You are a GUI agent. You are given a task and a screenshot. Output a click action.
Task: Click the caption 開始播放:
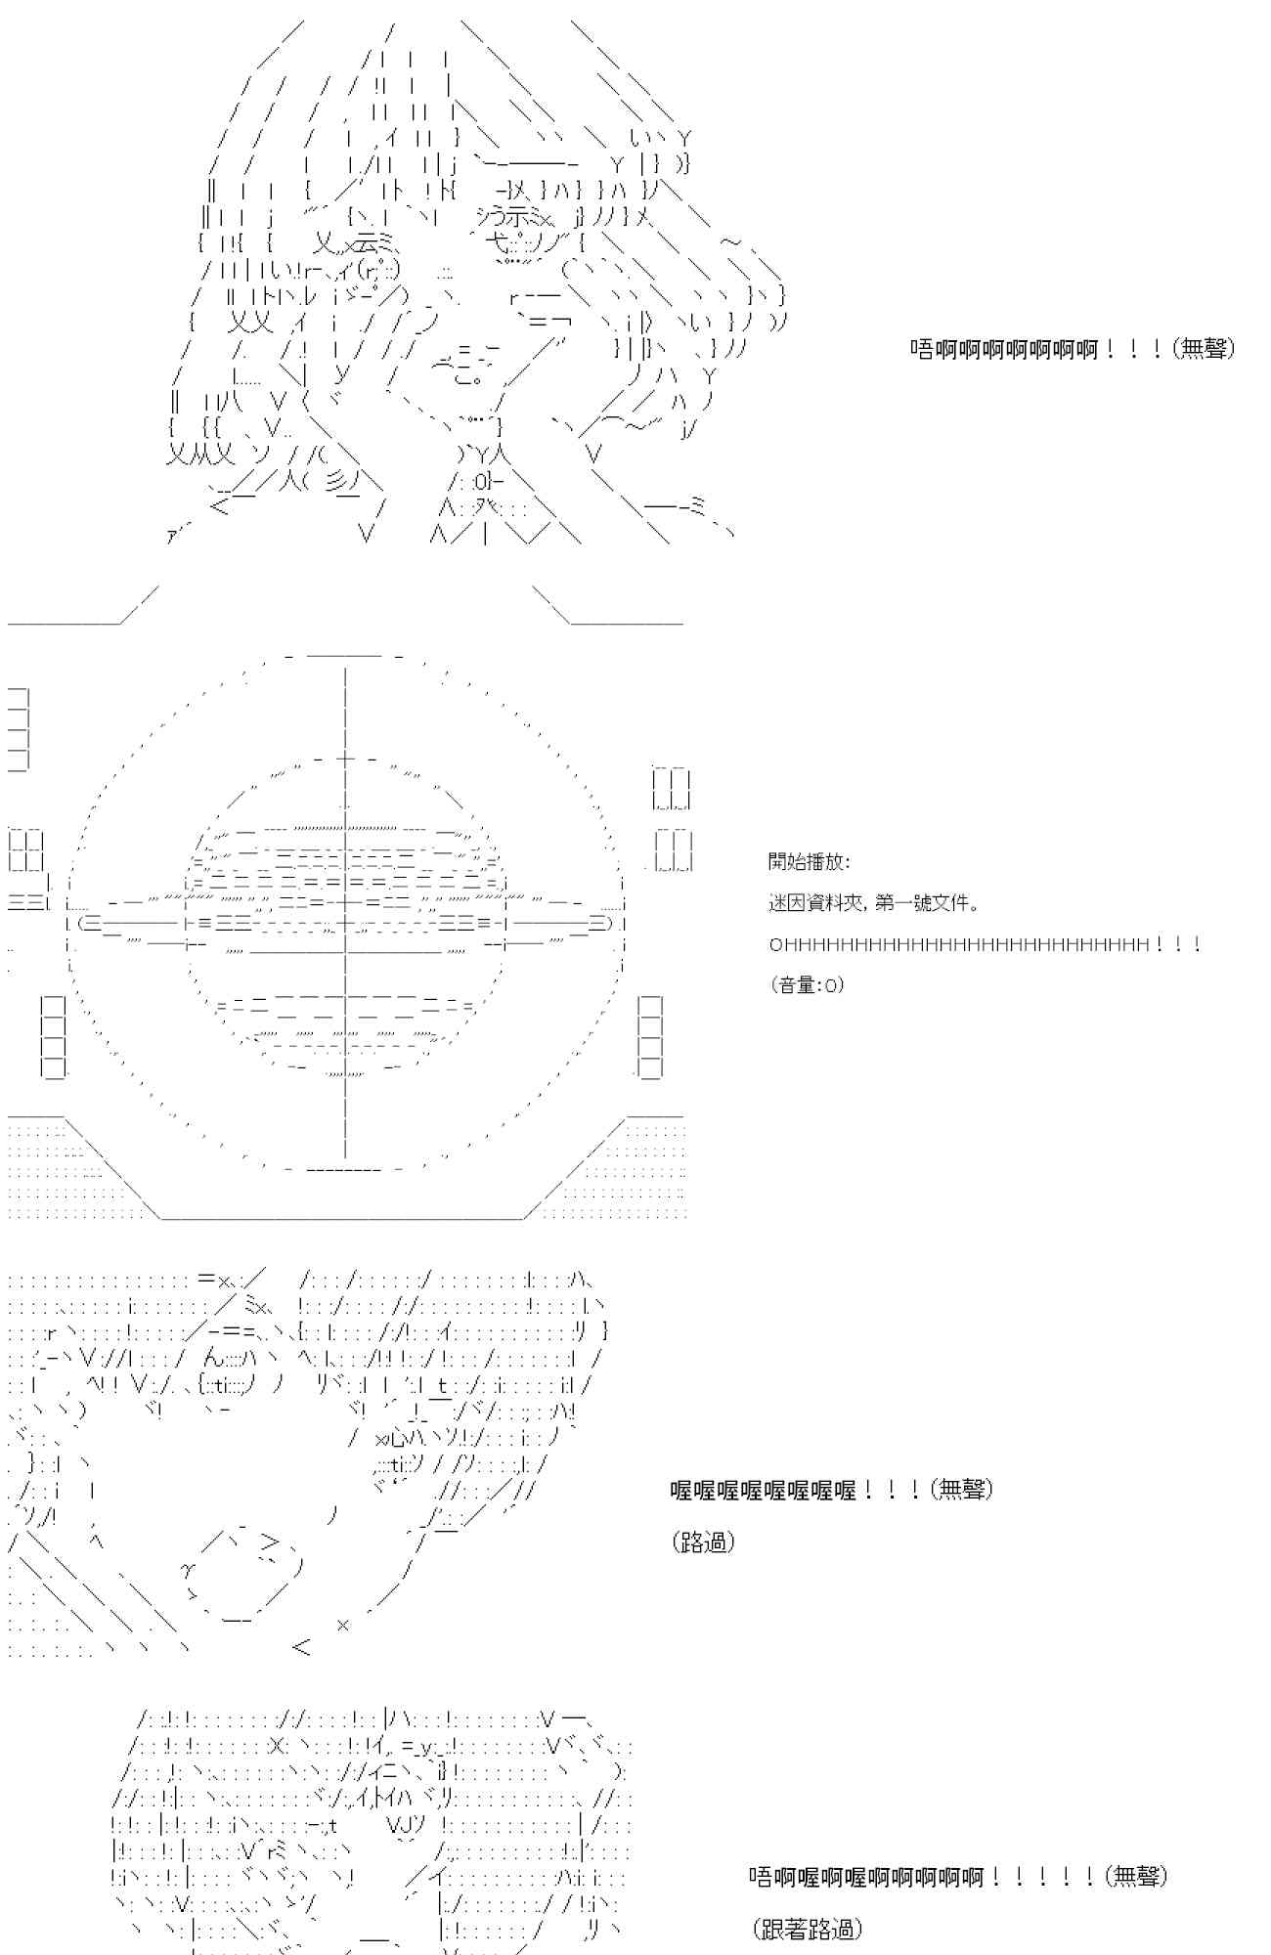(x=809, y=862)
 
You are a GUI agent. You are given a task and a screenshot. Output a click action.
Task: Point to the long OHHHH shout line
(x=958, y=945)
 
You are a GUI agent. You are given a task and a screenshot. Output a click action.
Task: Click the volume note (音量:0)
(x=807, y=985)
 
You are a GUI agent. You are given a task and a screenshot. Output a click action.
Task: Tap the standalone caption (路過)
(x=703, y=1542)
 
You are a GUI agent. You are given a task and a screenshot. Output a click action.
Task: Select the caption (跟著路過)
(x=808, y=1929)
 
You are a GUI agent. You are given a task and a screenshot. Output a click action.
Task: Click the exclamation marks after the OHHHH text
(x=1177, y=945)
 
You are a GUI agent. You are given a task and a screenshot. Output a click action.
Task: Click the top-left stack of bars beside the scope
(x=19, y=728)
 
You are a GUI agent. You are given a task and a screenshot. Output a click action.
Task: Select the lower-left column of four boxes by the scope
(x=54, y=1036)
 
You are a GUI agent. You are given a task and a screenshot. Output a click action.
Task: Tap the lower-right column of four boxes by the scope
(x=649, y=1036)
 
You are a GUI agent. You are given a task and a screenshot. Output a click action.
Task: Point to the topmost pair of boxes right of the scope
(x=672, y=789)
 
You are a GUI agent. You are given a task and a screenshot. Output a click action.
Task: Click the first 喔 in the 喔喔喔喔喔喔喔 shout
(x=681, y=1490)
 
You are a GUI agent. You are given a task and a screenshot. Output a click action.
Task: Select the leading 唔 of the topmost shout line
(x=921, y=349)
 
